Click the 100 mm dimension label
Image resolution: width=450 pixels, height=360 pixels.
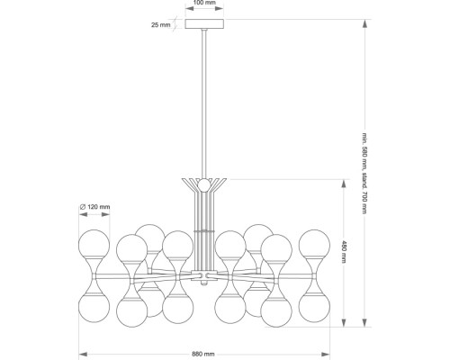tap(204, 3)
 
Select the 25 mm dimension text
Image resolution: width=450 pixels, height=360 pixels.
tap(160, 25)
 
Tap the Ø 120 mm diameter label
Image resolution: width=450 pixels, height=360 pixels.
tap(94, 207)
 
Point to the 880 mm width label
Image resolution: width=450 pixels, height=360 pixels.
tap(203, 354)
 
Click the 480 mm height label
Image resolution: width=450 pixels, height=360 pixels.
tap(344, 252)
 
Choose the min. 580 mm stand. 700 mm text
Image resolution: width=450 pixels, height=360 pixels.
tap(364, 174)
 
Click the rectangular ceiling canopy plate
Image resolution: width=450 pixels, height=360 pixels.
tap(204, 24)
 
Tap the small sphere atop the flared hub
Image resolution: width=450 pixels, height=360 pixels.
tap(204, 184)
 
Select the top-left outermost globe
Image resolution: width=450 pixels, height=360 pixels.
tap(94, 245)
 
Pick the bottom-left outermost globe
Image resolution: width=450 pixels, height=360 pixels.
tap(94, 308)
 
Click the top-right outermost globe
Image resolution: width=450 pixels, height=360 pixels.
tap(314, 245)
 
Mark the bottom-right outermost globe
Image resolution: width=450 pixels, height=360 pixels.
tap(314, 308)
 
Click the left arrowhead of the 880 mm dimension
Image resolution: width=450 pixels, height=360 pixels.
tap(83, 355)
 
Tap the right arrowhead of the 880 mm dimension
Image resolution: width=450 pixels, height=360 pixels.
tap(326, 355)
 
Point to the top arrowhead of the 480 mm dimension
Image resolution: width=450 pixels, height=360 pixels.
tap(344, 184)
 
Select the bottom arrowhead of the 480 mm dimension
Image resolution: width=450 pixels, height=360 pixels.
tap(344, 323)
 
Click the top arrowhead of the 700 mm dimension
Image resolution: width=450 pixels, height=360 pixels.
tap(364, 23)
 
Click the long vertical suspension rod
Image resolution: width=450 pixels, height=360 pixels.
tap(204, 103)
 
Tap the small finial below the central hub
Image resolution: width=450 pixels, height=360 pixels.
tap(204, 283)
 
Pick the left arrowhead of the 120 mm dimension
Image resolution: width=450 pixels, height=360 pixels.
tap(83, 214)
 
